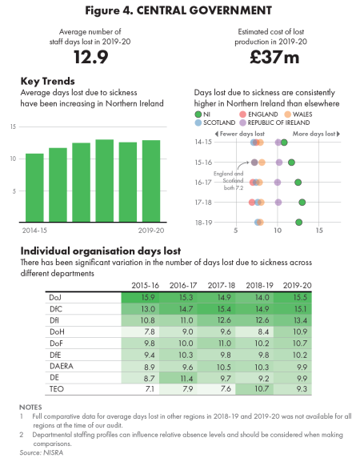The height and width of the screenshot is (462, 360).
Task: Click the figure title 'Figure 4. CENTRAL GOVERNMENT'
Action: click(179, 10)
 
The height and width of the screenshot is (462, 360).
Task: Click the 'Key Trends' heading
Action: click(47, 82)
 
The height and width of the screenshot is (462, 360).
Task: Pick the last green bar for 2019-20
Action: click(150, 183)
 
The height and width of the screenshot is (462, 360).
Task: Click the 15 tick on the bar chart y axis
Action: click(13, 127)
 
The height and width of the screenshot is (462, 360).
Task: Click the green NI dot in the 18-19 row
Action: click(298, 223)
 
